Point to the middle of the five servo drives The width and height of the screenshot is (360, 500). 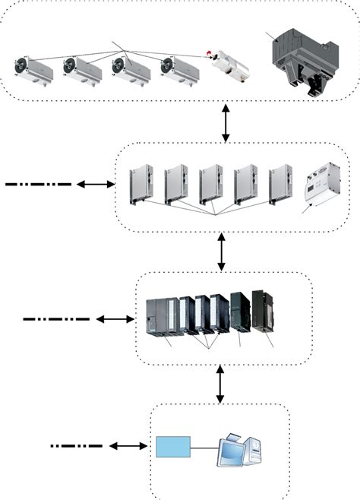pyautogui.click(x=210, y=185)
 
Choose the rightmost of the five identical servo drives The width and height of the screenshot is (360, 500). pyautogui.click(x=280, y=185)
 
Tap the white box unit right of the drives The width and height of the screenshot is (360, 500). pyautogui.click(x=321, y=187)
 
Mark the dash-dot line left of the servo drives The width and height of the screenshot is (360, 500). pyautogui.click(x=38, y=184)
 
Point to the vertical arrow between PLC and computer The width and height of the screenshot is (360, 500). pyautogui.click(x=220, y=384)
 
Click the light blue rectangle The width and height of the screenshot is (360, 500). pyautogui.click(x=172, y=447)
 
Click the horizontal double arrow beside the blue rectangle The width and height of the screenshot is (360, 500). pyautogui.click(x=128, y=445)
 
